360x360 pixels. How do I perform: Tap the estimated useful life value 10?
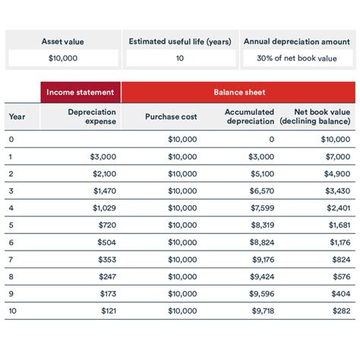[x=179, y=58]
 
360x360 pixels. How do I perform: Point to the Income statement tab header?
[x=81, y=93]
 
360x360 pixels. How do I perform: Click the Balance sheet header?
[x=239, y=93]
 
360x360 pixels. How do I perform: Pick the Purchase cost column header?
[x=171, y=116]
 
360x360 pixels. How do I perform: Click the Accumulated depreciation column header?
[x=250, y=116]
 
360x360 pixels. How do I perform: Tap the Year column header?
[x=17, y=116]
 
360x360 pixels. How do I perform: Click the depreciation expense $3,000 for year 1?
[x=103, y=156]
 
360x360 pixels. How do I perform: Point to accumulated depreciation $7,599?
[x=261, y=207]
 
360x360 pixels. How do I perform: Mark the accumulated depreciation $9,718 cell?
[x=261, y=311]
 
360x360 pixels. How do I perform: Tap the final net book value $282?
[x=339, y=311]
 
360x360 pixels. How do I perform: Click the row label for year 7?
[x=11, y=259]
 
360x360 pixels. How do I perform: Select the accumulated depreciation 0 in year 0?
[x=271, y=139]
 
